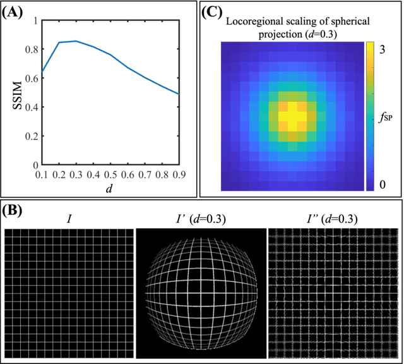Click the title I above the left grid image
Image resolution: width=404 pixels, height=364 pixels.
[69, 219]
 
